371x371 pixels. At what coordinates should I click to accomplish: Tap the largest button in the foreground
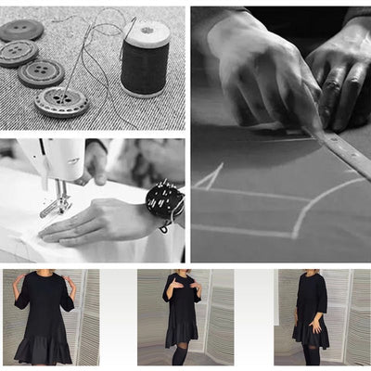tap(61, 101)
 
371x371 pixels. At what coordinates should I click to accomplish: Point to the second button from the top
tap(18, 53)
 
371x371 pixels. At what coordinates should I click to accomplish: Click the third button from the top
tap(41, 72)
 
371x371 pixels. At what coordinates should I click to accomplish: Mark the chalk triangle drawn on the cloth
tap(211, 176)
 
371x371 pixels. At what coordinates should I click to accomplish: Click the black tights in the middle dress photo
tap(179, 354)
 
